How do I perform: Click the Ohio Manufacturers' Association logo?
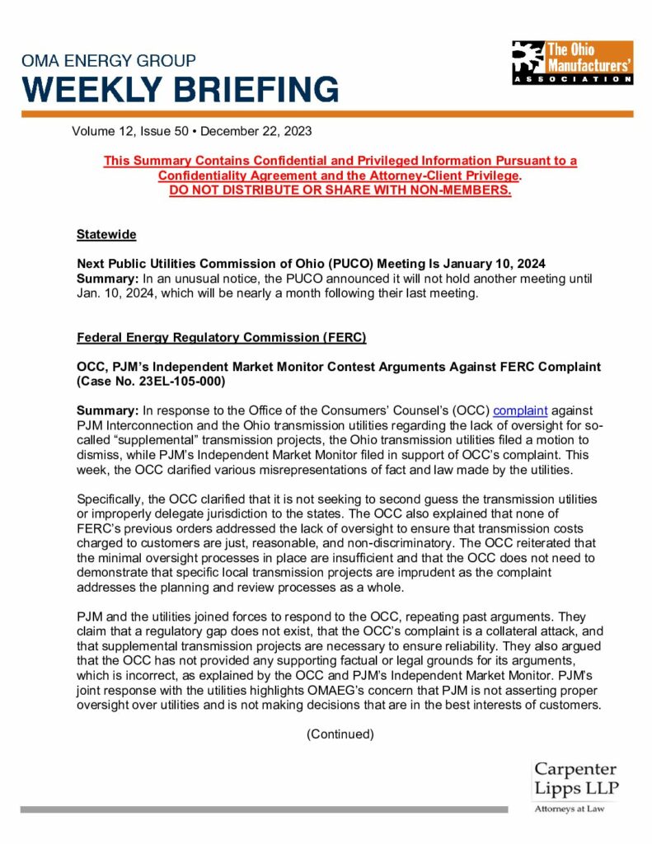coord(571,63)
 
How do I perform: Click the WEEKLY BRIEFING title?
coord(179,89)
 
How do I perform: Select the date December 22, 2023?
coord(256,130)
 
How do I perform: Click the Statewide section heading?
coord(106,235)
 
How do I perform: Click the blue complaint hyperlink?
coord(520,410)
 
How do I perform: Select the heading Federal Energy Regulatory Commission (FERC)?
coord(221,337)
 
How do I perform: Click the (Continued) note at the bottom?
coord(340,734)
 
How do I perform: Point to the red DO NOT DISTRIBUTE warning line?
coord(340,191)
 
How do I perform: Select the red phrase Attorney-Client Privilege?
coord(442,176)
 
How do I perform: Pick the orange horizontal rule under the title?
coord(326,114)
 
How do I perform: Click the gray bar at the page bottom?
coord(264,809)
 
